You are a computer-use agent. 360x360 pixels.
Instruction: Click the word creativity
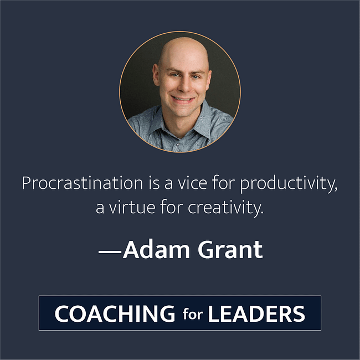pyautogui.click(x=223, y=209)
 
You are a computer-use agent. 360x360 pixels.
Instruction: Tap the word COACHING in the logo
pyautogui.click(x=114, y=314)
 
